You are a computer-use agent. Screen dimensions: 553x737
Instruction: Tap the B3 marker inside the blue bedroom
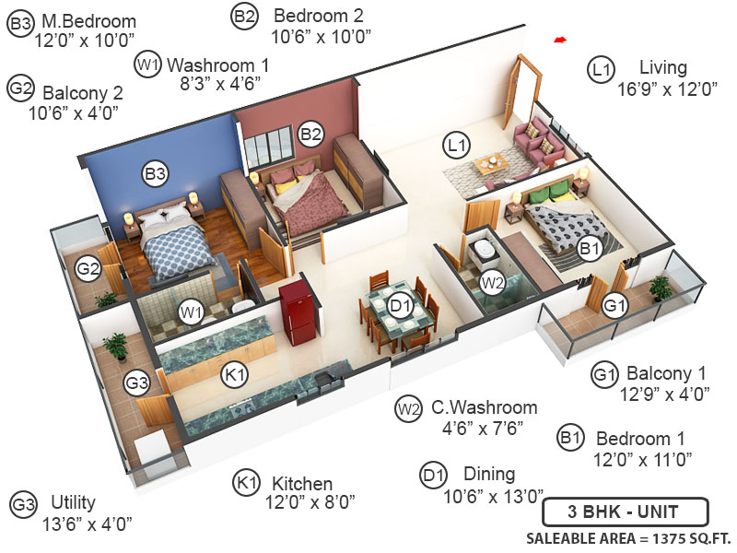point(155,172)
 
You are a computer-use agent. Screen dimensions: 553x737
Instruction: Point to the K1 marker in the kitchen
point(235,374)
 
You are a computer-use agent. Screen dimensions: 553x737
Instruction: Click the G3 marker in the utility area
point(137,382)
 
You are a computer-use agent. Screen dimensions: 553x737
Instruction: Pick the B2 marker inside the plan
point(311,135)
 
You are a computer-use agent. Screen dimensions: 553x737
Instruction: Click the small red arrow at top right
point(558,40)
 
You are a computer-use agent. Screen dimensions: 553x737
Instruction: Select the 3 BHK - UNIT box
point(625,512)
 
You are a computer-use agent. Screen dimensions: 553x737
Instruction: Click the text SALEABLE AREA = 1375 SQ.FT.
point(626,538)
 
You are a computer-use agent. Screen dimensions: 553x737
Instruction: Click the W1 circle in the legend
point(148,65)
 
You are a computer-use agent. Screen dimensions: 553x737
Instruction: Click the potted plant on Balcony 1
point(660,288)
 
